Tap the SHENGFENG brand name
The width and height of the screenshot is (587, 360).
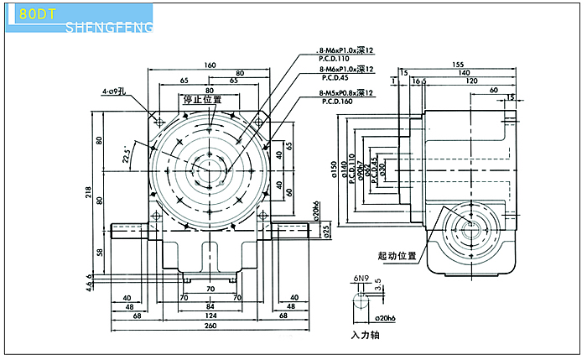(x=108, y=29)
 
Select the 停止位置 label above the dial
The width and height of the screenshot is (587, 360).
(x=202, y=99)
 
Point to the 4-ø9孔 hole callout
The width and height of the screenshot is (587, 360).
(x=114, y=90)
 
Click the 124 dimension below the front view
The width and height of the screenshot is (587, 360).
(x=209, y=316)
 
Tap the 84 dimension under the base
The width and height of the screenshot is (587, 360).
(x=209, y=305)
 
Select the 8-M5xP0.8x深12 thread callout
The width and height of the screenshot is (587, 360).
(x=345, y=93)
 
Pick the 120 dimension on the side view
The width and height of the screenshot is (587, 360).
(x=473, y=81)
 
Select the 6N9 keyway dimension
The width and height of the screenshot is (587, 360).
(x=361, y=277)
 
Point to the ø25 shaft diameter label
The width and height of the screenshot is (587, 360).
(x=326, y=228)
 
